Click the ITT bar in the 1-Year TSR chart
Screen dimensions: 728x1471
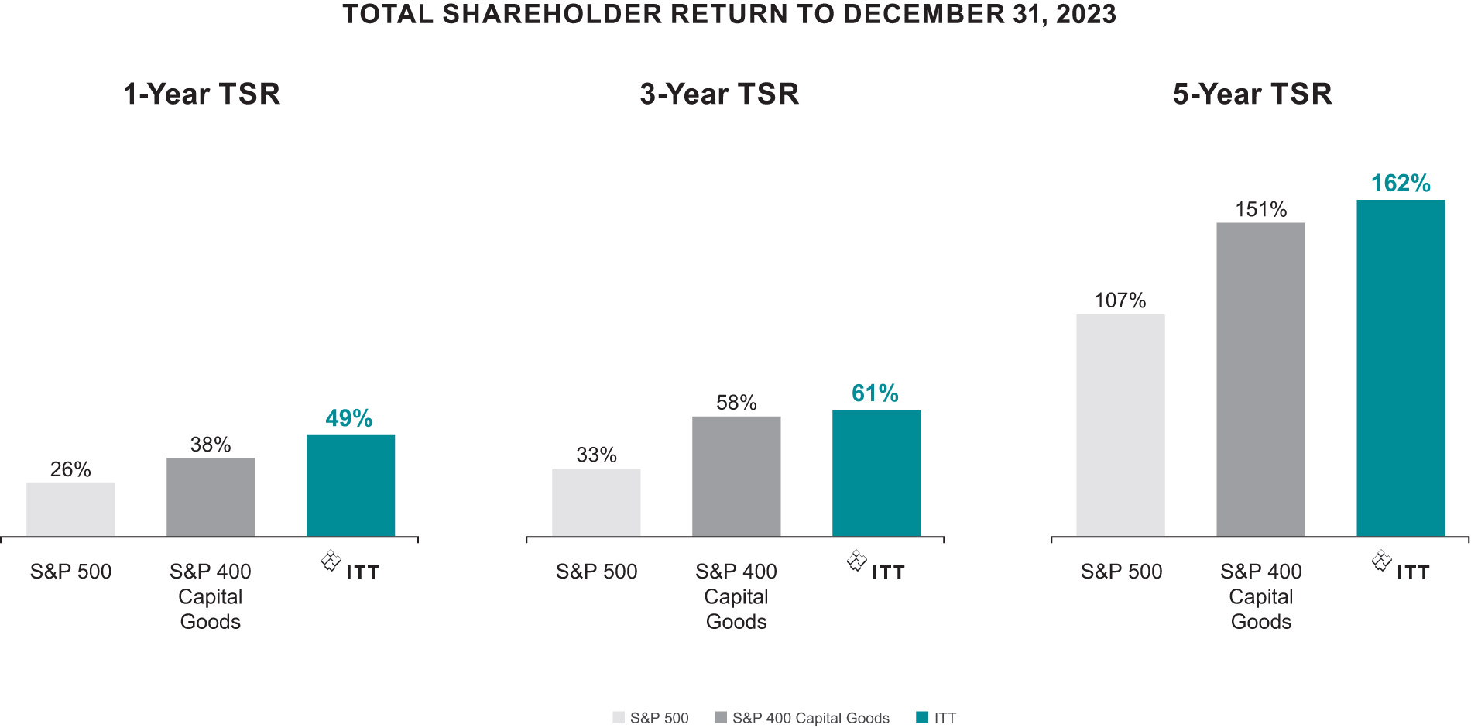coord(351,486)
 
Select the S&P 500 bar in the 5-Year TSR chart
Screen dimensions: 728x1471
coord(1120,425)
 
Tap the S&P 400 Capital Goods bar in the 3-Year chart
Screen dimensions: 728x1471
coord(736,476)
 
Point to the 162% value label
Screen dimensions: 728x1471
coord(1401,184)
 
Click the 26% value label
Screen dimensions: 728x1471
coord(70,469)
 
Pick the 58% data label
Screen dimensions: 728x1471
coord(736,403)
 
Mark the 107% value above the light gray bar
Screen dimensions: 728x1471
coord(1120,300)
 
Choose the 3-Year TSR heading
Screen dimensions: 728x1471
coord(719,94)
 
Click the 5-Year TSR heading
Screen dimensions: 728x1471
coord(1252,94)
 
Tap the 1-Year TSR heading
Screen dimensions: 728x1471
coord(201,94)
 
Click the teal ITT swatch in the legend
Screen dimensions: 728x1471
coord(921,718)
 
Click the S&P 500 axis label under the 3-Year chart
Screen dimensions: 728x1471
coord(596,572)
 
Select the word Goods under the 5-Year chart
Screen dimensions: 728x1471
coord(1261,622)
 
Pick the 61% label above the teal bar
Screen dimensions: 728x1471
coord(875,393)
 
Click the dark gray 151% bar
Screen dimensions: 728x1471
coord(1260,379)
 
